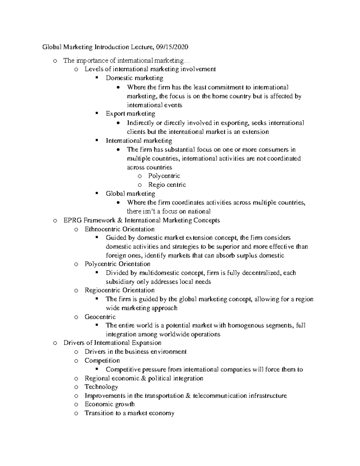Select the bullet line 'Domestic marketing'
[134, 78]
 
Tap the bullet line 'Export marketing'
[130, 114]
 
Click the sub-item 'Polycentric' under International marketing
[164, 176]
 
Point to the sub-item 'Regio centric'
[167, 185]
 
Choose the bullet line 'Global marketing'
[130, 194]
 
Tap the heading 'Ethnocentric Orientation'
[119, 229]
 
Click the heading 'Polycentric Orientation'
[117, 264]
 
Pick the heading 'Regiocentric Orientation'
[119, 290]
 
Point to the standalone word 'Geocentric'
[100, 317]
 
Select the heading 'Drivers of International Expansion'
[112, 343]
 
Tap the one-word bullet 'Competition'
[102, 360]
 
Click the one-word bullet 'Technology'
[101, 387]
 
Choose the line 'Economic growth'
[109, 404]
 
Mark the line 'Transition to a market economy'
[129, 413]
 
